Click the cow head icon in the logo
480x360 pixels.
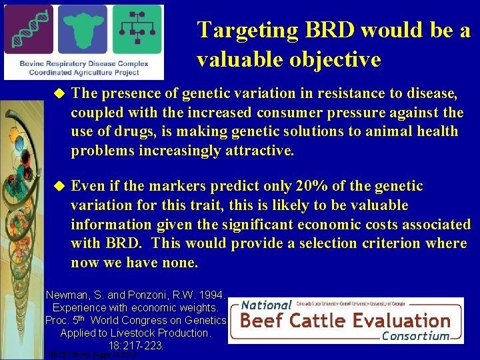83,29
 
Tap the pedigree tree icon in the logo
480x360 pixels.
137,29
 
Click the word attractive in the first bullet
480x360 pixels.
260,151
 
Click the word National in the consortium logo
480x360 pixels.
267,305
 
